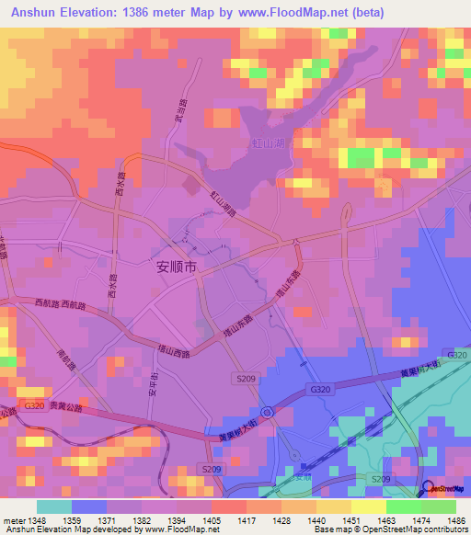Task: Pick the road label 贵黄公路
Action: pyautogui.click(x=66, y=405)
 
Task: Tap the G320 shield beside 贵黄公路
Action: pyautogui.click(x=35, y=405)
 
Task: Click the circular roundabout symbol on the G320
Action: pyautogui.click(x=267, y=413)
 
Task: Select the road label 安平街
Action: pyautogui.click(x=152, y=388)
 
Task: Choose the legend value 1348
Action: pyautogui.click(x=37, y=519)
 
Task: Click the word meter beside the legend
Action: pyautogui.click(x=13, y=519)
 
